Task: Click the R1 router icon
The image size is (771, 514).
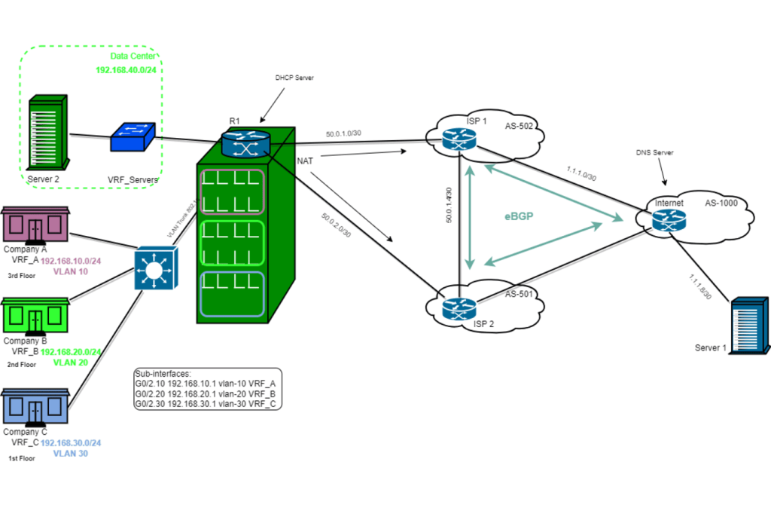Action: (x=245, y=143)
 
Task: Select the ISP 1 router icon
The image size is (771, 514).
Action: (x=459, y=138)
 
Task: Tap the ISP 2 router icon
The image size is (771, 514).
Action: (x=459, y=308)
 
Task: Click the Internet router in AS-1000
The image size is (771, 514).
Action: (x=669, y=220)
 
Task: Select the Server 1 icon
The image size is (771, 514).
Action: (x=750, y=324)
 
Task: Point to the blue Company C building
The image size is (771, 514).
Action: (x=35, y=407)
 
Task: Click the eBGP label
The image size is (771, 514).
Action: (x=520, y=216)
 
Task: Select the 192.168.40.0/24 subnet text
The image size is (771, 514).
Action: (x=126, y=70)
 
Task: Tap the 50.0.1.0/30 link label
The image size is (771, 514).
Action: (x=343, y=134)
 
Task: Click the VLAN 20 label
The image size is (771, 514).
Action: (x=71, y=363)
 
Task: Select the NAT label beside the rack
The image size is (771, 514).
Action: (x=306, y=161)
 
